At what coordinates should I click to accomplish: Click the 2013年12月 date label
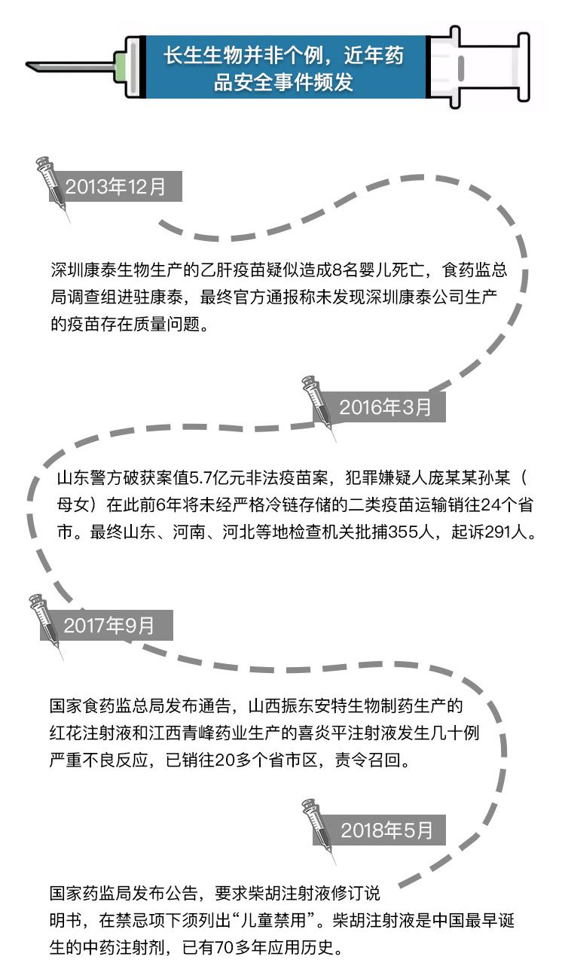pos(115,186)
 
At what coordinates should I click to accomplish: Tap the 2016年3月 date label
pos(385,407)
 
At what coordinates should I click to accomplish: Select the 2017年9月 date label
pos(109,626)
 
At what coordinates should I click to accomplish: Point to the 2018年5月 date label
pos(386,830)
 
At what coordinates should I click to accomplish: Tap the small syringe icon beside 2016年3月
pos(318,407)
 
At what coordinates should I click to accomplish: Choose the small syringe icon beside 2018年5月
pos(318,831)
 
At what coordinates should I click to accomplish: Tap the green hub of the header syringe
pos(121,66)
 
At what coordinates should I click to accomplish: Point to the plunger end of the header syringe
pos(524,67)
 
